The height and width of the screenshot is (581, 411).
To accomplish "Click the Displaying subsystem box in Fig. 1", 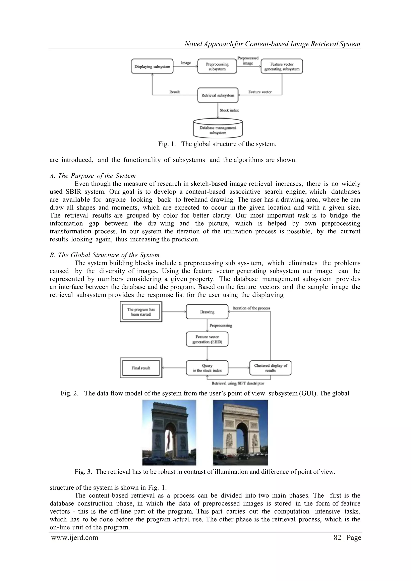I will click(152, 67).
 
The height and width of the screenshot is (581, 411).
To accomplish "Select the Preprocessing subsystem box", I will click(217, 67).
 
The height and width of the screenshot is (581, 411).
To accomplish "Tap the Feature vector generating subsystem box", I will click(282, 67).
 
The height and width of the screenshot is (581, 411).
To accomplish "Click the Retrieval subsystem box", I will click(218, 95).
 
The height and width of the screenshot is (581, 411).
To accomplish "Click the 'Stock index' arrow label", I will click(229, 110).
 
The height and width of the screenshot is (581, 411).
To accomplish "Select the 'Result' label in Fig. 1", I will click(174, 92).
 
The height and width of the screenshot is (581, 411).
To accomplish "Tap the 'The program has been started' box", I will click(141, 312).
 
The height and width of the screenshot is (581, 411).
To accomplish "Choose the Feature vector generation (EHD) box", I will click(207, 339).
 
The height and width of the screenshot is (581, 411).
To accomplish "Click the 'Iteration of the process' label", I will click(251, 308).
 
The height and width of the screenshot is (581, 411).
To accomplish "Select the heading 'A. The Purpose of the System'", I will click(93, 176).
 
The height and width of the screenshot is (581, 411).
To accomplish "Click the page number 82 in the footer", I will click(337, 537).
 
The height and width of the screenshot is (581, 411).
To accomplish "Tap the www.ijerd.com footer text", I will click(75, 537).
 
